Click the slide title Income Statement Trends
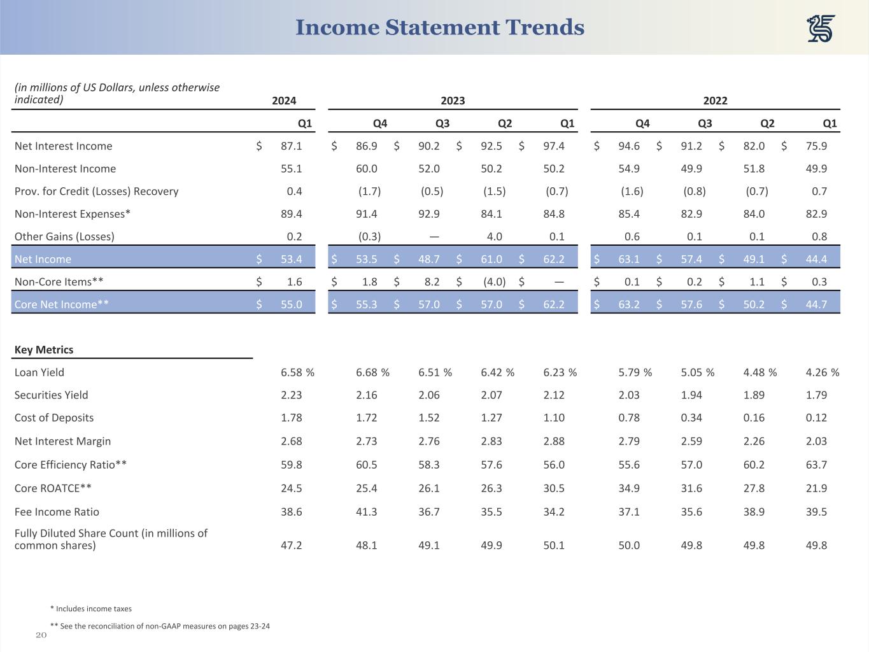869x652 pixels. (439, 27)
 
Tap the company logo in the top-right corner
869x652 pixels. (821, 29)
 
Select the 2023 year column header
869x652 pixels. (453, 101)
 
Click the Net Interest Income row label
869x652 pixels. (63, 146)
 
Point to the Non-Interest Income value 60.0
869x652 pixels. (367, 169)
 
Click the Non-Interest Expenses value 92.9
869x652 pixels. (429, 214)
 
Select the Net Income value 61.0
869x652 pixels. (491, 259)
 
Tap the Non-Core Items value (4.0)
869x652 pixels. (494, 281)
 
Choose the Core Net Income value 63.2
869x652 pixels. (629, 304)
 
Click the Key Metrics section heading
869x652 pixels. (44, 350)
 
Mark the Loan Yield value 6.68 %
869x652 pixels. (372, 372)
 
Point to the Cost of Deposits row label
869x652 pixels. (54, 418)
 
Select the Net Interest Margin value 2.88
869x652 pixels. (554, 441)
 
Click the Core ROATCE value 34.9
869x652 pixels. (629, 488)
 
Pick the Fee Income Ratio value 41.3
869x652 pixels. (367, 512)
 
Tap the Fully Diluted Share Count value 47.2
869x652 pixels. (292, 546)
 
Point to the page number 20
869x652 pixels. (41, 635)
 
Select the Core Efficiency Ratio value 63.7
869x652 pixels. (816, 465)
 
